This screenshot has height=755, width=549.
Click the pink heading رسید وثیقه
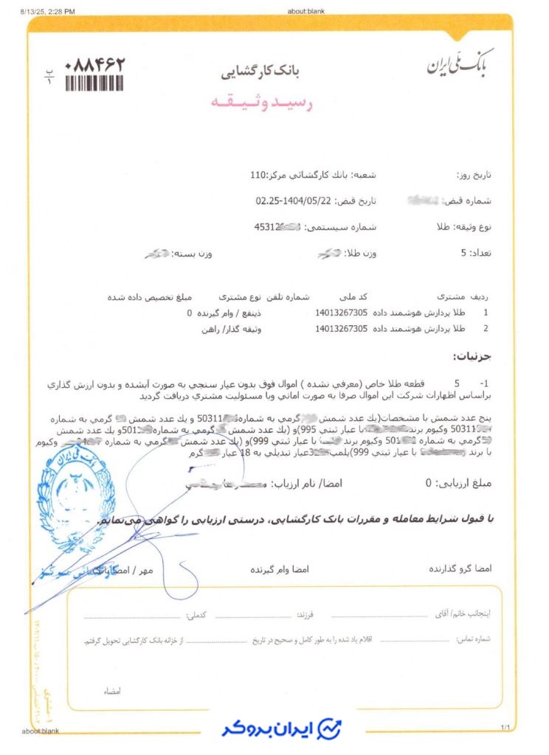[x=273, y=103]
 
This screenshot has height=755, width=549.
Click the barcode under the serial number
[x=94, y=83]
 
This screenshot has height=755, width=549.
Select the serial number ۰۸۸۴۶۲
[x=95, y=63]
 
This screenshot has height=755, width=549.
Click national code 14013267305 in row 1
[x=341, y=313]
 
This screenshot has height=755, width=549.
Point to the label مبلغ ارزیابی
[x=469, y=484]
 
